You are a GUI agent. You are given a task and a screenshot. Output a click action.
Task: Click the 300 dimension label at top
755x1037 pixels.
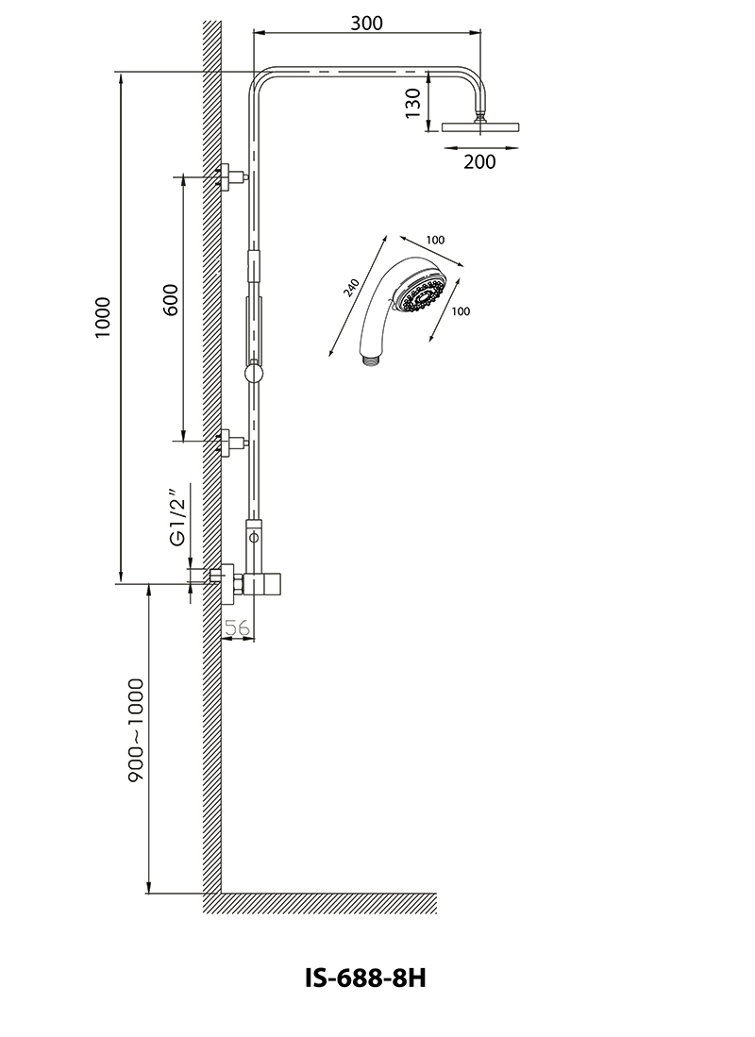pyautogui.click(x=366, y=24)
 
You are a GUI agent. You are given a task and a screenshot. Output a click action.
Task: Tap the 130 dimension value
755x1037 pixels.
pyautogui.click(x=413, y=103)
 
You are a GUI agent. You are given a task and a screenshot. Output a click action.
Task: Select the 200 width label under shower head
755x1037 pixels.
pyautogui.click(x=479, y=161)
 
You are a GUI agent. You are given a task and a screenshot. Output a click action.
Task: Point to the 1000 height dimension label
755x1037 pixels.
pyautogui.click(x=103, y=318)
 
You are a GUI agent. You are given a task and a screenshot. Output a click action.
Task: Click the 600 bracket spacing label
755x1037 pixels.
pyautogui.click(x=171, y=300)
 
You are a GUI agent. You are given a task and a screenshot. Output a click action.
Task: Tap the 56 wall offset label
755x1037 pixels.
pyautogui.click(x=238, y=627)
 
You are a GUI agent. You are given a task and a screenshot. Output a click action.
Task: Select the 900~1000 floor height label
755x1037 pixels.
pyautogui.click(x=136, y=730)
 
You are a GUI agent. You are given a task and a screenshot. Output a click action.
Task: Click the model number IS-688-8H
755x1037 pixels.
pyautogui.click(x=365, y=978)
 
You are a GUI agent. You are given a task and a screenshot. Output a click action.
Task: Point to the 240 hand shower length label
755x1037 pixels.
pyautogui.click(x=352, y=288)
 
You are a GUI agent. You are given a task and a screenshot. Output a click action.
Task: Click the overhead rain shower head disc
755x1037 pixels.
pyautogui.click(x=480, y=127)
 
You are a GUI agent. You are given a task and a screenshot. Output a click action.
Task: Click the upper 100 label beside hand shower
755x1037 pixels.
pyautogui.click(x=435, y=240)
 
